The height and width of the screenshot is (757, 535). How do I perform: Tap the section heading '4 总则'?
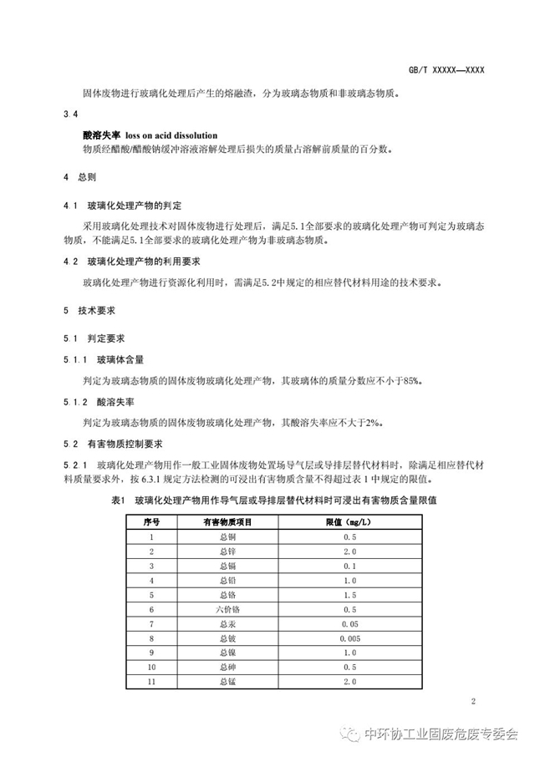point(81,178)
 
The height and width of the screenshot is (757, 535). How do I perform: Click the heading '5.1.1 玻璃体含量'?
point(104,359)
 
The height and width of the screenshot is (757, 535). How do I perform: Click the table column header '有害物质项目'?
point(229,521)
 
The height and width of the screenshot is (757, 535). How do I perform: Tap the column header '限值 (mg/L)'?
point(351,521)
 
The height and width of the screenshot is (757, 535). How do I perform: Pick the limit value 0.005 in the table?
point(351,638)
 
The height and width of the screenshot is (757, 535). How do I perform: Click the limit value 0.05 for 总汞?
point(351,623)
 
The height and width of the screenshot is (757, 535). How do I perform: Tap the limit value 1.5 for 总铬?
point(351,594)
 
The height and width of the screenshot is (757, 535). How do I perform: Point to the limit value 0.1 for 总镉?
point(351,566)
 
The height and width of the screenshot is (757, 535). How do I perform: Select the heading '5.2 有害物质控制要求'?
point(115,444)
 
